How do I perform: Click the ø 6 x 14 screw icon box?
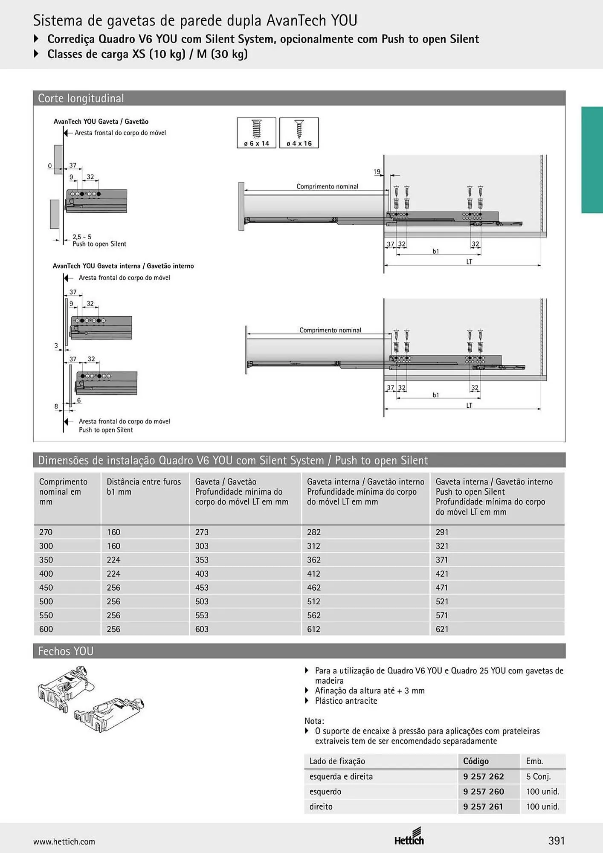tap(256, 133)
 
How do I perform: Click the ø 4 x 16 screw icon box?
tap(299, 133)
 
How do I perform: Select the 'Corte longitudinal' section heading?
tap(81, 99)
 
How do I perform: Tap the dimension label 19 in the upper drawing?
tap(377, 172)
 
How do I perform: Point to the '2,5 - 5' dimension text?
tap(82, 237)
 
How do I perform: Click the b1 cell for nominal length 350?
tap(113, 560)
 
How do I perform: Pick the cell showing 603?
tap(202, 629)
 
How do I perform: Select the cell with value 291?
tap(442, 532)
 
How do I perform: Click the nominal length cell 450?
tap(46, 588)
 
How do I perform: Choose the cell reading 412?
tap(314, 574)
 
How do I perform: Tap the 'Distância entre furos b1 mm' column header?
tap(144, 487)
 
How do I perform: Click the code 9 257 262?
tap(484, 777)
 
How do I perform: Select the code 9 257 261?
tap(484, 807)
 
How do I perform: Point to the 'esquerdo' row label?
tap(325, 792)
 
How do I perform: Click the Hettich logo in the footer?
tap(409, 837)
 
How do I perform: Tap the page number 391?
tap(557, 841)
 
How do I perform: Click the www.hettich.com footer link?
tap(64, 842)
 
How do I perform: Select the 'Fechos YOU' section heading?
tap(66, 651)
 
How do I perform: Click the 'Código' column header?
tap(476, 761)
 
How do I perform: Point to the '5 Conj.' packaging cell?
tap(539, 777)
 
